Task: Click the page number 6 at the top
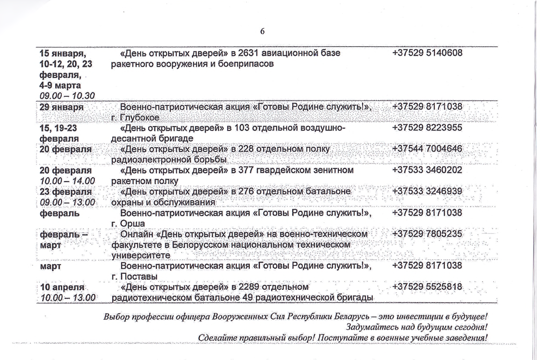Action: pos(262,32)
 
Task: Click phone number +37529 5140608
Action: pos(427,53)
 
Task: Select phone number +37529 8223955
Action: pos(427,129)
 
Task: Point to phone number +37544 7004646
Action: pos(427,149)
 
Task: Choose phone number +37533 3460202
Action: pos(427,170)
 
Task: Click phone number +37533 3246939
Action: pos(427,191)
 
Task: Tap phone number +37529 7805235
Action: pos(427,234)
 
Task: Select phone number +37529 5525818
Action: pos(427,287)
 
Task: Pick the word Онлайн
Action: pos(137,234)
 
